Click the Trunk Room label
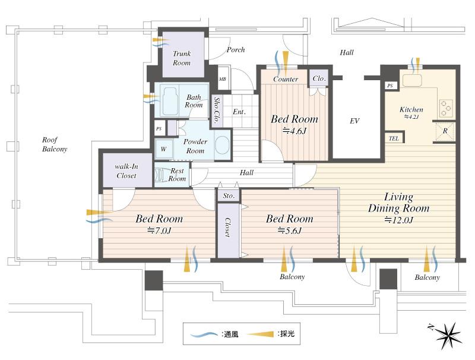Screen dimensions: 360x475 182,58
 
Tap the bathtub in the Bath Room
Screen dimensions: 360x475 170,99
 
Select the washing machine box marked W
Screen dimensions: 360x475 163,149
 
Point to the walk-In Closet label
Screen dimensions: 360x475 125,172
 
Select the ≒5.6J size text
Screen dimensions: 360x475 290,230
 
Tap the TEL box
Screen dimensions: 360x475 394,138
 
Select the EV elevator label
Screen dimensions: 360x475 354,121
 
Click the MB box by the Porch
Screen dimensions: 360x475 223,79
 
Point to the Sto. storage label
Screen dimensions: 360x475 229,195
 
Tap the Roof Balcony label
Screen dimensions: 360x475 54,144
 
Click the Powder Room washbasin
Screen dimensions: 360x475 222,145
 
